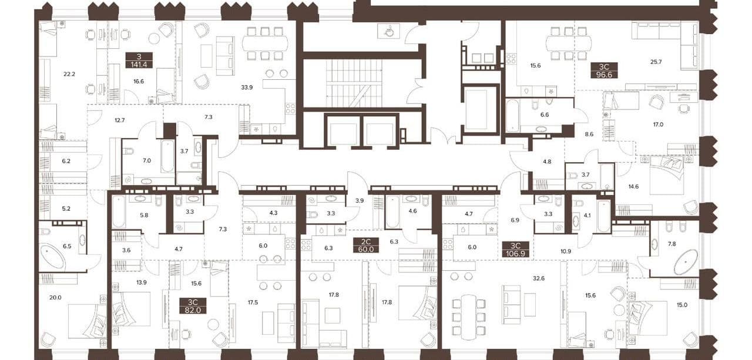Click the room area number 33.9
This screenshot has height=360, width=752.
[x=247, y=88]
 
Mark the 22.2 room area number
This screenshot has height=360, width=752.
[x=69, y=74]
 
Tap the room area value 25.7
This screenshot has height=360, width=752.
[x=656, y=62]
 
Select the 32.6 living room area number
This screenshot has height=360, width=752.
[x=539, y=278]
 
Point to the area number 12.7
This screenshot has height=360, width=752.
[x=119, y=120]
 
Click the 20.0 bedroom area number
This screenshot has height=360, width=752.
[x=55, y=297]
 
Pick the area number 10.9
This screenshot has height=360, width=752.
[x=566, y=251]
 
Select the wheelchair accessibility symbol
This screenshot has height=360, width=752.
[x=389, y=31]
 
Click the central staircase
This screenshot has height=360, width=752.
[x=354, y=83]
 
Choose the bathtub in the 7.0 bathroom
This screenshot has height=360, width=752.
[x=167, y=157]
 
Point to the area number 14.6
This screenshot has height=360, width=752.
[x=633, y=187]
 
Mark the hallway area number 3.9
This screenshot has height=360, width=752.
[x=359, y=201]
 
